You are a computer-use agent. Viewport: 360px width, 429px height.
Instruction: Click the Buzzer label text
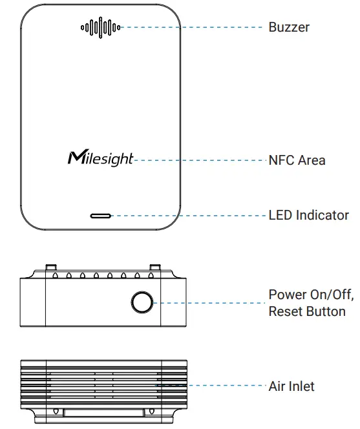(x=289, y=27)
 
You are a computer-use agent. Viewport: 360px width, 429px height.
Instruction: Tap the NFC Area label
(x=297, y=159)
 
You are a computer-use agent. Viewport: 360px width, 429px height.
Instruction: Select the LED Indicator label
(x=308, y=215)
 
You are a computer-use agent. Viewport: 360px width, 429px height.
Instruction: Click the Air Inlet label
(x=291, y=386)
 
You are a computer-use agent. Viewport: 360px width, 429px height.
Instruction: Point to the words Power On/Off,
(x=311, y=295)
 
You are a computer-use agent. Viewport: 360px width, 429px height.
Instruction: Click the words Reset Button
(x=307, y=311)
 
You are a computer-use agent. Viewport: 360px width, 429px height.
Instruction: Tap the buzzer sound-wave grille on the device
(x=100, y=27)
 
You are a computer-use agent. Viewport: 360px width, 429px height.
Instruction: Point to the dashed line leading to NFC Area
(x=200, y=159)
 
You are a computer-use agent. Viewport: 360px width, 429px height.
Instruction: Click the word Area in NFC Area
(x=311, y=159)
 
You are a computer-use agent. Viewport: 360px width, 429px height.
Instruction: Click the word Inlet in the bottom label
(x=301, y=386)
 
